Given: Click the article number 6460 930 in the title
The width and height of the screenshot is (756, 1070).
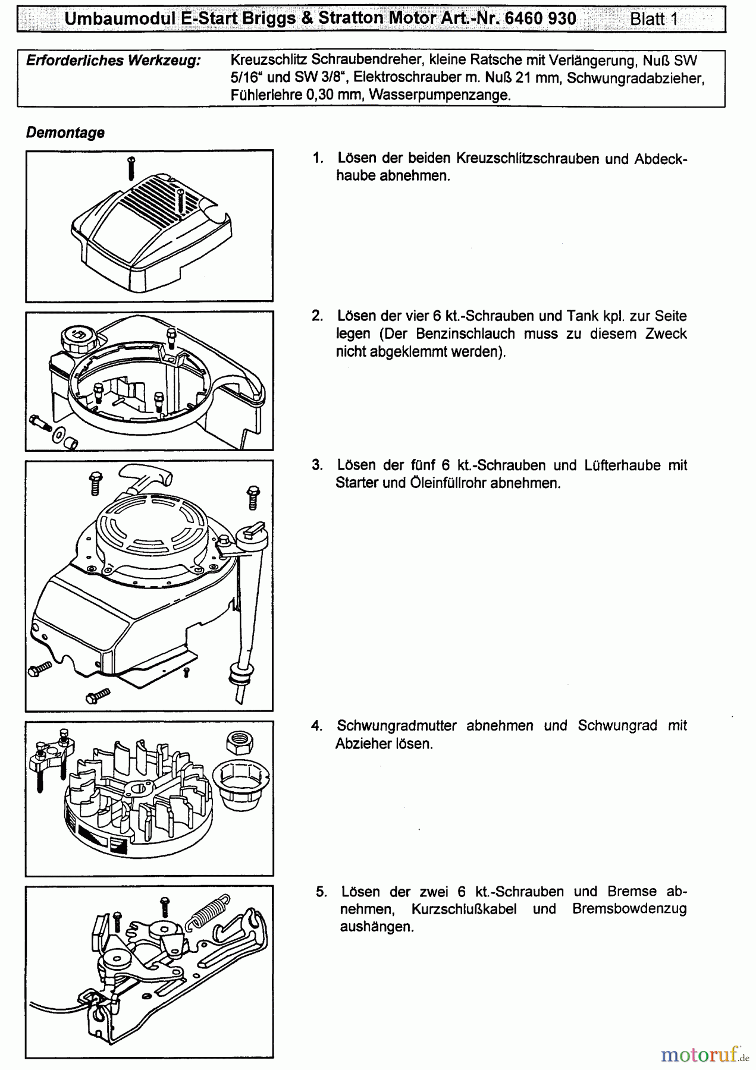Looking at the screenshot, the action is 540,19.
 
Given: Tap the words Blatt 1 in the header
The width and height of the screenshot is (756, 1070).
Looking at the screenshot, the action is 654,19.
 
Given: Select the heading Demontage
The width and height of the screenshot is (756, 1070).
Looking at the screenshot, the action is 65,133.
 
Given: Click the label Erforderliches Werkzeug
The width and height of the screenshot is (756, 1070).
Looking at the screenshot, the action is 114,61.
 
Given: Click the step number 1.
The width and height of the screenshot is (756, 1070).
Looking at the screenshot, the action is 318,158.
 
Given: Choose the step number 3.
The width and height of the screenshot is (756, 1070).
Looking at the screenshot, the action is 318,465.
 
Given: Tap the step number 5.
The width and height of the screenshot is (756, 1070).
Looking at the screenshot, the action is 322,892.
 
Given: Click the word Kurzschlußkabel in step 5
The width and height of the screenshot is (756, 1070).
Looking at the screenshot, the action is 464,909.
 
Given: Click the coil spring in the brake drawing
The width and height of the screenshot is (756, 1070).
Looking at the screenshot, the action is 208,911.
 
